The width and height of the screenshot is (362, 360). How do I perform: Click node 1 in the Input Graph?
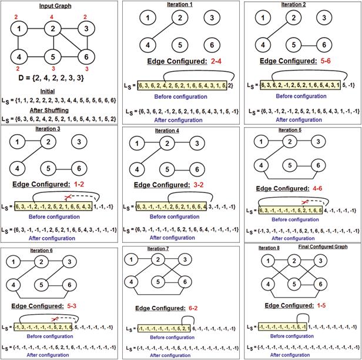click(x=21, y=28)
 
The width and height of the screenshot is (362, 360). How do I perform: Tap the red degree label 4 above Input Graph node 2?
click(x=52, y=16)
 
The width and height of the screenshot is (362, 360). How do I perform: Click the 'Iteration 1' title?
click(x=180, y=5)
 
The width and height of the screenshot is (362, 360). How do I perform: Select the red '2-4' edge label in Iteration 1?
click(x=216, y=61)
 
